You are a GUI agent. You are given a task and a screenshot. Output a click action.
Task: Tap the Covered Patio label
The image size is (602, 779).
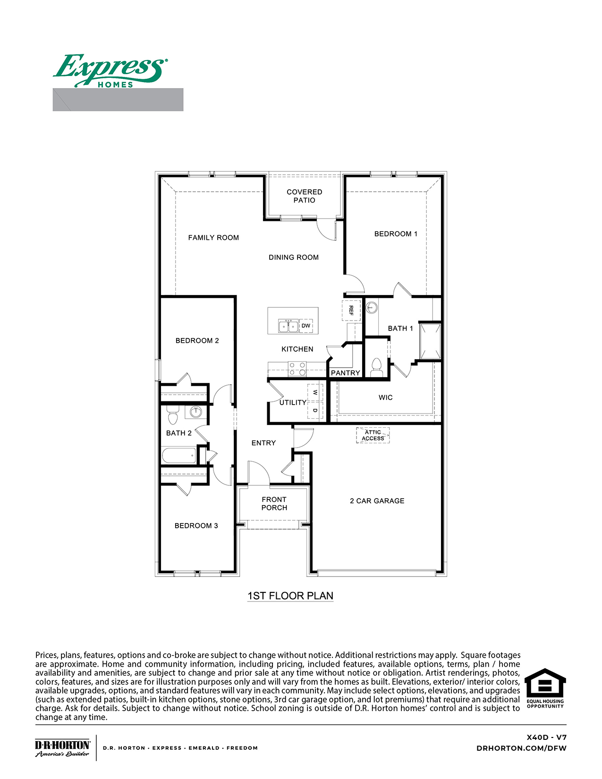[304, 196]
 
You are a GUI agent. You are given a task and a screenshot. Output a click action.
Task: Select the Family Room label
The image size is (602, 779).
[213, 237]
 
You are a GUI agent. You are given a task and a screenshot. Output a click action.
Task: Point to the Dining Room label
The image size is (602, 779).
[294, 257]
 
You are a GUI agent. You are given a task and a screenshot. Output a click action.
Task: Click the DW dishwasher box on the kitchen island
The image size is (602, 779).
[306, 326]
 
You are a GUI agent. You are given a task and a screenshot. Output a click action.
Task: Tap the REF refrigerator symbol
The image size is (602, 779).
[351, 310]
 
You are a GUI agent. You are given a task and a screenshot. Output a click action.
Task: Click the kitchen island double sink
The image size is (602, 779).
[288, 326]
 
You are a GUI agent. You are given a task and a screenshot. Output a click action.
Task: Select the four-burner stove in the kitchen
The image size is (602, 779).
[297, 369]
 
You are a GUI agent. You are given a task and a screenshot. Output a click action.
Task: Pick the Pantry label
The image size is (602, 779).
[345, 373]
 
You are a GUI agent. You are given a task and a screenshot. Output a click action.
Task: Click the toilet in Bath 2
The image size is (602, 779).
[172, 415]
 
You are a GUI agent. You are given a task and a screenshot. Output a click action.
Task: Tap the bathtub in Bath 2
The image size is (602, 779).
[179, 456]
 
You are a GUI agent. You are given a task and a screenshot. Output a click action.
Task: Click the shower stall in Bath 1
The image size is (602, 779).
[430, 341]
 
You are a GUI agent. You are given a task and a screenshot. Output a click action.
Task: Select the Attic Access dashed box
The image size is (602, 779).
[373, 435]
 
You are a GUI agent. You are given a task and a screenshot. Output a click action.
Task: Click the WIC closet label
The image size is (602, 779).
[385, 398]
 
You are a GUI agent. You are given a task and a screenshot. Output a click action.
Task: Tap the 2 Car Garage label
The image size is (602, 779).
[377, 501]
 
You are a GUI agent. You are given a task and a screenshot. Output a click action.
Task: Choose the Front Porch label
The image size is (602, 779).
[274, 503]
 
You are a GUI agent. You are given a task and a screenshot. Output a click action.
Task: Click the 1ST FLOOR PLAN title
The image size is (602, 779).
[290, 596]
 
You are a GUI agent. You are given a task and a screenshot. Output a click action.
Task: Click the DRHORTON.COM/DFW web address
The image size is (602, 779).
[521, 748]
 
